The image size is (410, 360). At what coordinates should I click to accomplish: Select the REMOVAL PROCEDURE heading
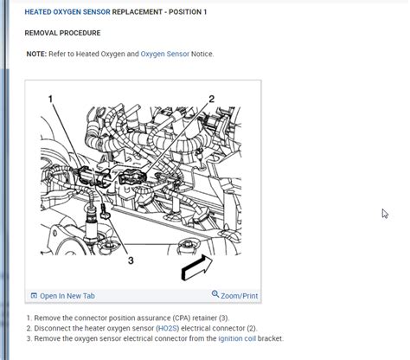click(x=62, y=33)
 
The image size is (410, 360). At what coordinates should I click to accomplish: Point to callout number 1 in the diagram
click(x=51, y=100)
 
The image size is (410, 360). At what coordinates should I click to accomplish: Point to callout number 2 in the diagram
click(x=211, y=100)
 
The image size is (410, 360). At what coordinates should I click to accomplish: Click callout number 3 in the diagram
click(x=130, y=260)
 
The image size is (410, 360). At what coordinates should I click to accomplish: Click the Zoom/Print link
click(x=239, y=296)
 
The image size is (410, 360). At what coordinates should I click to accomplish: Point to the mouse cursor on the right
click(x=386, y=214)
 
